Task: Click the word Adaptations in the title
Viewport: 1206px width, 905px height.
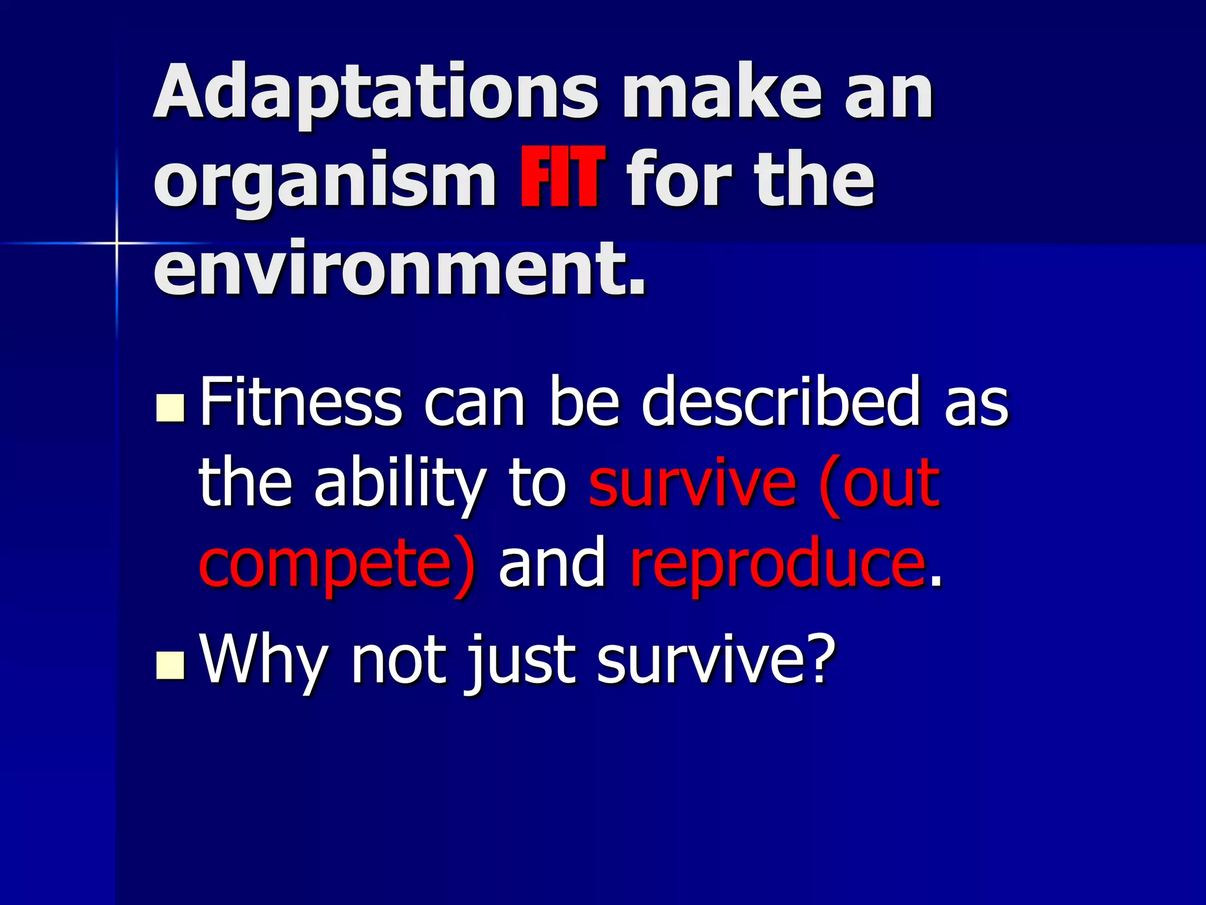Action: click(x=376, y=93)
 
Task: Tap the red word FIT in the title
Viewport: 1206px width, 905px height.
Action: click(x=562, y=179)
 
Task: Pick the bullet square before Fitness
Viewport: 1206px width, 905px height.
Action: click(x=171, y=408)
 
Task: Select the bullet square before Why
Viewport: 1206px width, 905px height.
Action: click(x=171, y=665)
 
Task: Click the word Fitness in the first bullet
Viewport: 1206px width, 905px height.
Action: click(x=301, y=402)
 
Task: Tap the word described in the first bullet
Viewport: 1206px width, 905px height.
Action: click(x=781, y=402)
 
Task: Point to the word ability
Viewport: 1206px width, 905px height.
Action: click(x=400, y=484)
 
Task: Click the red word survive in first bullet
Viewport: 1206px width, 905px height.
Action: click(x=693, y=484)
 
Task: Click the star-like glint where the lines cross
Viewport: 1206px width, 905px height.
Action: click(x=117, y=242)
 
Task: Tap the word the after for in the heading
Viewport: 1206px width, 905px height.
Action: click(x=814, y=179)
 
